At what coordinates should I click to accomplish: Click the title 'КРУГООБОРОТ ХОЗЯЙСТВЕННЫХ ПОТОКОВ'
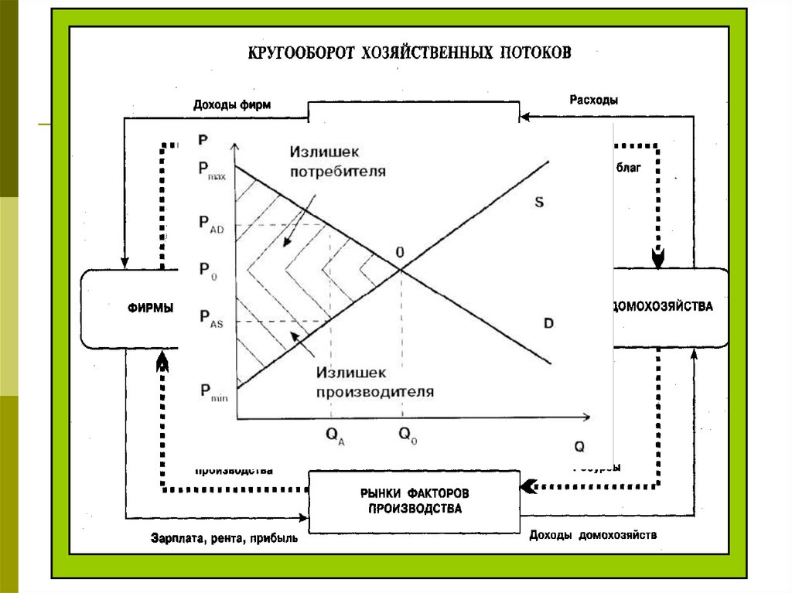[410, 53]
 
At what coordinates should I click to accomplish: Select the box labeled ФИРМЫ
[150, 307]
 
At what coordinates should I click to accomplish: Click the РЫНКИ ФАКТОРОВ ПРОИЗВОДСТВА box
[414, 501]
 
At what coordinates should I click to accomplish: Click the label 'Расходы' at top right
[593, 101]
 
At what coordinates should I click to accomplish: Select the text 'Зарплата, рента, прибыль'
[224, 540]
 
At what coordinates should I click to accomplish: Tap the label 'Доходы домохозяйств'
[592, 535]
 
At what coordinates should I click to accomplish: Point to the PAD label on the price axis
[210, 224]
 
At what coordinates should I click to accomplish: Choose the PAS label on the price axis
[210, 319]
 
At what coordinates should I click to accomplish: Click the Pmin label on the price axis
[212, 393]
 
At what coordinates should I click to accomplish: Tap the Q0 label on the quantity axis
[408, 435]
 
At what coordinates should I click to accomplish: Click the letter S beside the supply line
[539, 203]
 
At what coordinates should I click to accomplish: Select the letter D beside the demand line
[548, 323]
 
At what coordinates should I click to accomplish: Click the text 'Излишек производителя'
[374, 382]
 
